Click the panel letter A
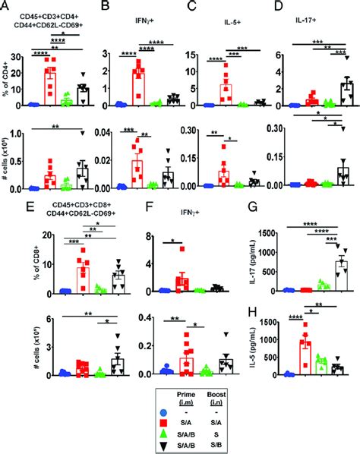point(6,6)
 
